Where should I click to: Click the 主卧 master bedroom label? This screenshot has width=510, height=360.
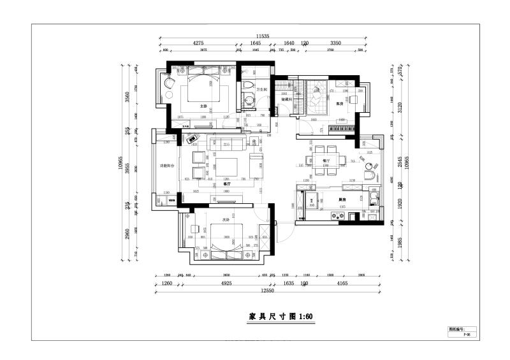point(203,106)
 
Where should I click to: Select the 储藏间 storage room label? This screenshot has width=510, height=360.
point(287,99)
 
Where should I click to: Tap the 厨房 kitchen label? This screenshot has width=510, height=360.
point(342,199)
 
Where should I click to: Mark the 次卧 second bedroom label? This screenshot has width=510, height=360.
point(225,220)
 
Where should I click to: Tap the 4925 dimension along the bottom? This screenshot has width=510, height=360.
point(221,283)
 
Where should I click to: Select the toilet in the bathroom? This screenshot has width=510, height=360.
point(249,87)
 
